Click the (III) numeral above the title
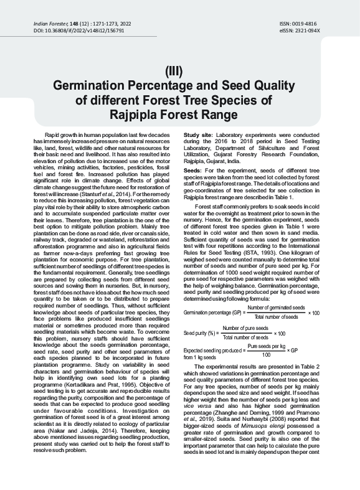coord(179,71)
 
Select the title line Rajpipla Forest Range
coord(179,115)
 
